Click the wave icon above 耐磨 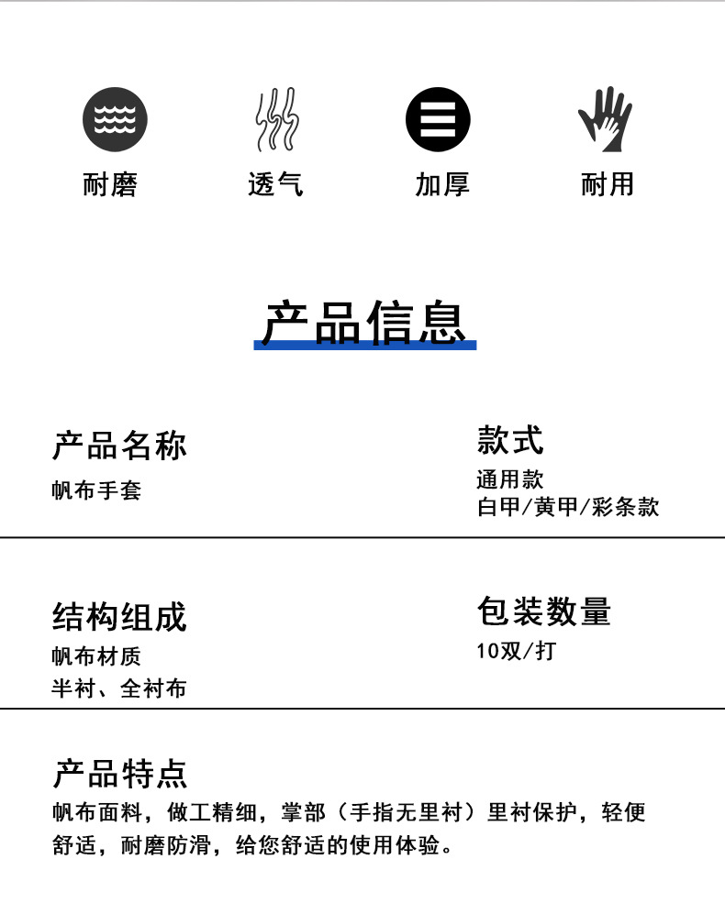coord(115,119)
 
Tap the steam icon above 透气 coord(276,119)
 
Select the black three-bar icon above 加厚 coord(438,119)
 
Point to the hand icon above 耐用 coord(605,119)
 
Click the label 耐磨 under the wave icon coord(110,184)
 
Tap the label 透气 coord(275,184)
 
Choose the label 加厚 coord(442,184)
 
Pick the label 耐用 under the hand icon coord(608,184)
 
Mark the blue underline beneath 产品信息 coord(365,346)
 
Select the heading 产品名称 coord(119,446)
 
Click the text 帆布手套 coord(96,490)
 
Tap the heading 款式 coord(510,440)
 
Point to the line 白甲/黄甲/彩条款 coord(567,507)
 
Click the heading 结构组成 coord(119,617)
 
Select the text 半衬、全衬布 coord(118,688)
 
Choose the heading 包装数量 coord(543,611)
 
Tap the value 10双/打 coord(516,652)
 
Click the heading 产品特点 coord(119,774)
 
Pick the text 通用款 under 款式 coord(510,479)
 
